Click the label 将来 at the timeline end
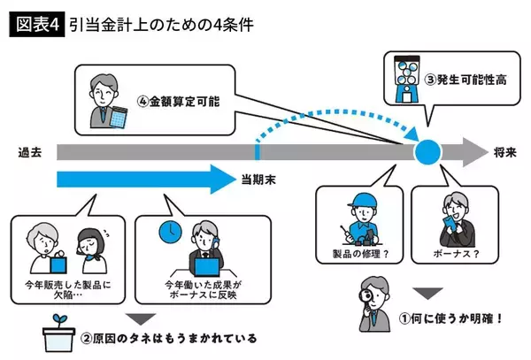pos(504,152)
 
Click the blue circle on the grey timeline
pos(429,152)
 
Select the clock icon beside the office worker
pos(170,232)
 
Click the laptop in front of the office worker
pos(205,264)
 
